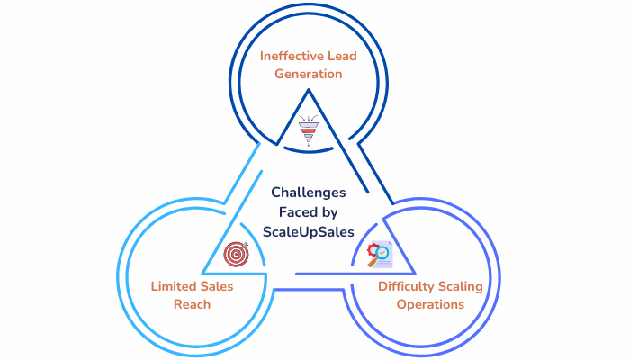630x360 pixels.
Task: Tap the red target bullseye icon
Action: [x=237, y=254]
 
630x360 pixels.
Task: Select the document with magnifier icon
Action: [x=378, y=256]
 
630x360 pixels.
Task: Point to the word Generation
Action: [x=309, y=74]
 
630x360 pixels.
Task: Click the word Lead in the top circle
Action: [x=341, y=57]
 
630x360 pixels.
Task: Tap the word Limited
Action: [x=172, y=287]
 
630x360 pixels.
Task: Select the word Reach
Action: [x=193, y=304]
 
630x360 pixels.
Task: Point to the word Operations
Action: [x=430, y=304]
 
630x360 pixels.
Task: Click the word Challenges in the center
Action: [x=309, y=192]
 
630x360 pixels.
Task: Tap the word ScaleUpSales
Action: [x=309, y=231]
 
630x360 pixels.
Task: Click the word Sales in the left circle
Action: [x=216, y=287]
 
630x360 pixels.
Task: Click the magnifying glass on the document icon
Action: [x=371, y=261]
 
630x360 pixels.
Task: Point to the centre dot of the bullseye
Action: [x=237, y=254]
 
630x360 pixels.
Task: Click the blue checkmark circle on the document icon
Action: [x=384, y=254]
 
